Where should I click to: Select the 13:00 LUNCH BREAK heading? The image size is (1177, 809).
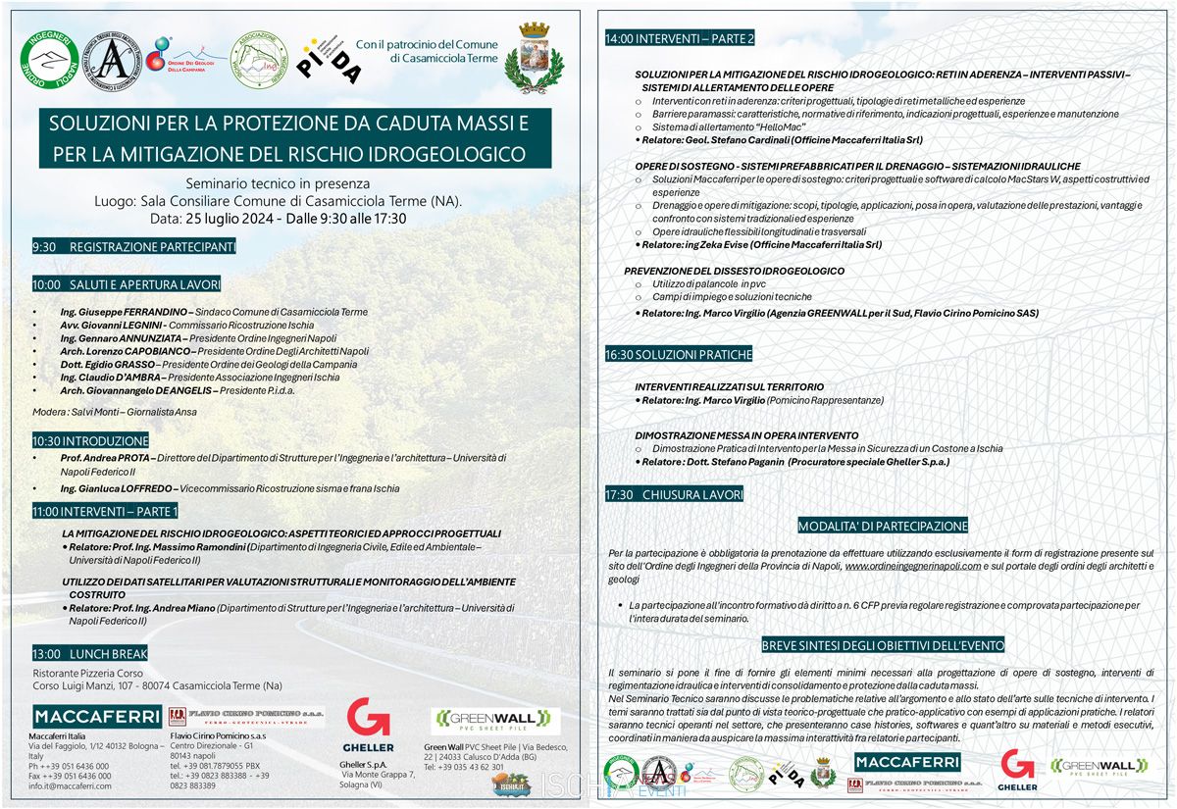[x=90, y=653]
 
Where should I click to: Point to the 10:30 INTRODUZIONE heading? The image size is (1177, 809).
[x=90, y=441]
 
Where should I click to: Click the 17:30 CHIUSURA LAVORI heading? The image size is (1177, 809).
[x=675, y=495]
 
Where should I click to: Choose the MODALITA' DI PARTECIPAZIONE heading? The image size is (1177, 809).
[x=883, y=526]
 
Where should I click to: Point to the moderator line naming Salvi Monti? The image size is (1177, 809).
[x=115, y=412]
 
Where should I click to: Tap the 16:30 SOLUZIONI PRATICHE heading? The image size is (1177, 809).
[x=679, y=354]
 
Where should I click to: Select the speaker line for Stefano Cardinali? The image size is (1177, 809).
[x=779, y=140]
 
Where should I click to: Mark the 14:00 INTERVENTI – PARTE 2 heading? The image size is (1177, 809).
[x=681, y=39]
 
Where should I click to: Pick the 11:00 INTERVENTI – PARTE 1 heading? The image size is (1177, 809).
[x=105, y=511]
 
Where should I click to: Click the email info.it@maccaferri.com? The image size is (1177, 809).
[x=70, y=785]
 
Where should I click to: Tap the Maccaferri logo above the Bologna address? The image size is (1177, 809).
[x=96, y=717]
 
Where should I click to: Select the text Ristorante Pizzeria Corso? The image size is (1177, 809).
[x=89, y=673]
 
